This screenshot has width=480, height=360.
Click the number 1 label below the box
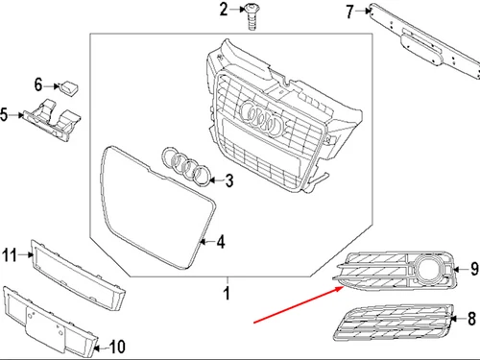click(227, 291)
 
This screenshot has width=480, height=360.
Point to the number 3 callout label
click(228, 180)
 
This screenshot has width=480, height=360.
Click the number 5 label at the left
click(6, 116)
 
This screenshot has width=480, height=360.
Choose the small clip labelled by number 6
click(70, 87)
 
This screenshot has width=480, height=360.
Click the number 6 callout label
click(39, 84)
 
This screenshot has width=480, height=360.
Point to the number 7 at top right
click(349, 12)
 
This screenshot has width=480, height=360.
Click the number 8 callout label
click(471, 317)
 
